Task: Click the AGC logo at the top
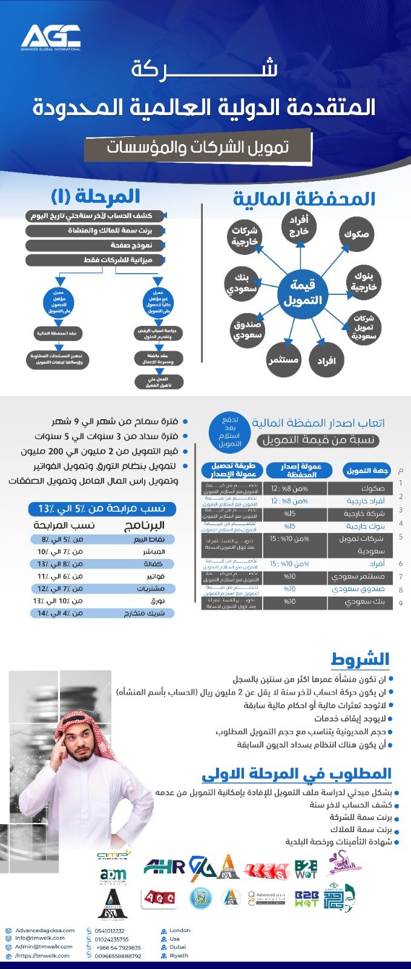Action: [x=51, y=37]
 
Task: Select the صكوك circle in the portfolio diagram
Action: [x=356, y=234]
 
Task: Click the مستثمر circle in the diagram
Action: [x=283, y=360]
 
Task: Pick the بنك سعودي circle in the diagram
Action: [x=242, y=283]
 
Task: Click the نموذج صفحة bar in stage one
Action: [x=96, y=245]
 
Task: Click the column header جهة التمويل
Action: [x=366, y=471]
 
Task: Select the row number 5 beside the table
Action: [x=401, y=537]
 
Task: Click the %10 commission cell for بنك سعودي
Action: [x=290, y=602]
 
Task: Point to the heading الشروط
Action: [x=360, y=659]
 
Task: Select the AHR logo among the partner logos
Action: [x=164, y=867]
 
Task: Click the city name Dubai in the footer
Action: [x=178, y=947]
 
